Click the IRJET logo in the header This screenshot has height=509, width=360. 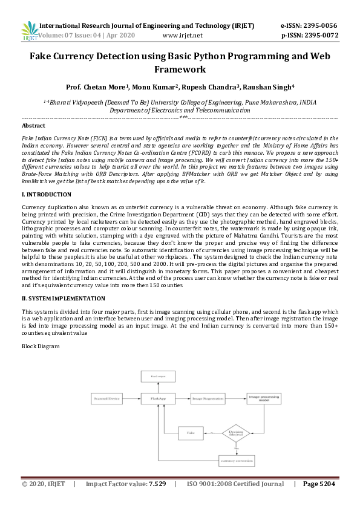tap(30, 31)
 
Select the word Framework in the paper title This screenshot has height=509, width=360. tap(180, 70)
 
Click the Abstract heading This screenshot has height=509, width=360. tap(33, 126)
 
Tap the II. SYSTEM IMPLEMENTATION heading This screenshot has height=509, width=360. tap(64, 299)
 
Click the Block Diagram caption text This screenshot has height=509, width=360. tap(41, 346)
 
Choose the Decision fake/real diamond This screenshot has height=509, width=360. tap(235, 433)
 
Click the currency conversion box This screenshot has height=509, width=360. tap(235, 461)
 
